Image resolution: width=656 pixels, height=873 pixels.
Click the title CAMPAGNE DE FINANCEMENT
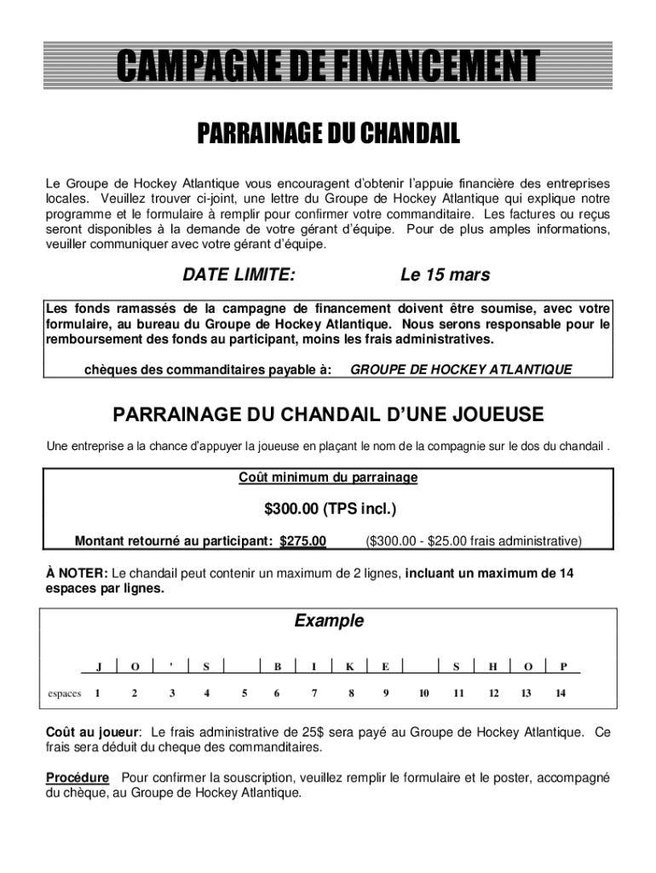328,66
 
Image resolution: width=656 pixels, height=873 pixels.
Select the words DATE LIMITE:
239,275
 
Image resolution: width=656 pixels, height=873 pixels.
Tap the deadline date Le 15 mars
445,275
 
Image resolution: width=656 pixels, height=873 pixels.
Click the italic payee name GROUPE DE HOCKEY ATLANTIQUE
461,369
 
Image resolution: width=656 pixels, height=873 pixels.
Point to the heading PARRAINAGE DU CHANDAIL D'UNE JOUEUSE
328,415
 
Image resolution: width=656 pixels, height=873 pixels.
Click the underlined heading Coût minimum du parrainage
328,478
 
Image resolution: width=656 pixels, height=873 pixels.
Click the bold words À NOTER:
77,574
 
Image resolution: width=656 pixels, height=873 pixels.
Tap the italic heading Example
329,621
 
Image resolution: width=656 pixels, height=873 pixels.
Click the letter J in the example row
99,667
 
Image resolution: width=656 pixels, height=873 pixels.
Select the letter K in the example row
350,667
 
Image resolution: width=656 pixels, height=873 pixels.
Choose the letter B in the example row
278,667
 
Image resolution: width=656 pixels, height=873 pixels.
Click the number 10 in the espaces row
423,693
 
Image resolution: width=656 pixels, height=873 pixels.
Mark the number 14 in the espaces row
560,693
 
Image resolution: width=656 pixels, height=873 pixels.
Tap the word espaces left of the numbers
64,693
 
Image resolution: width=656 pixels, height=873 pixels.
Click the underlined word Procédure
78,778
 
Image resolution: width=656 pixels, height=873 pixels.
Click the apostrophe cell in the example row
171,667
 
